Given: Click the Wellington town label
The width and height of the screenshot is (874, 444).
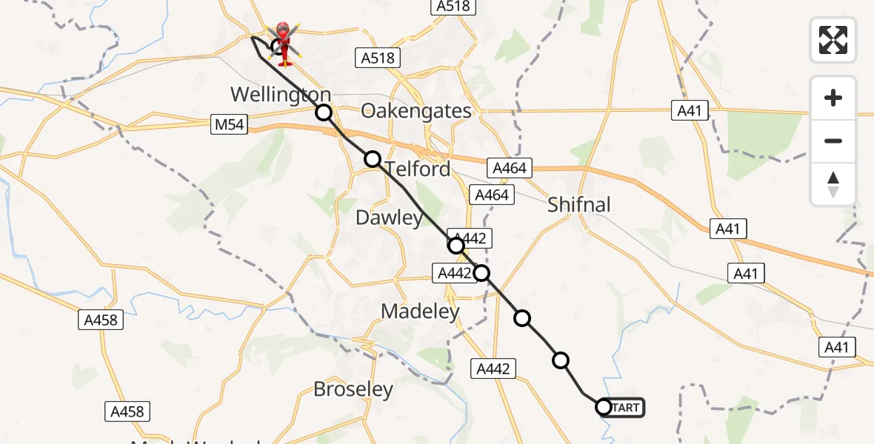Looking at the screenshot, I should point(281,95).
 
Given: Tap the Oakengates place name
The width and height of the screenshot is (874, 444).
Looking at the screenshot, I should point(416,111).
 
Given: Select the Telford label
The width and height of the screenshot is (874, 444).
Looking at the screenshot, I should point(418,169).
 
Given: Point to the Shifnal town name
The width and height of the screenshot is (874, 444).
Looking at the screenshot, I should point(579,204).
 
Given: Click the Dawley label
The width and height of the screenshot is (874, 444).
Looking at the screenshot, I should point(389,218).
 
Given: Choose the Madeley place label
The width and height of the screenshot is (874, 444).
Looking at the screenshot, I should point(420,312).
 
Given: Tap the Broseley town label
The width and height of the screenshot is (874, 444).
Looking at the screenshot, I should point(353,389).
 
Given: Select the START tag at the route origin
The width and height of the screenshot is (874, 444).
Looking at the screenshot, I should point(627,407).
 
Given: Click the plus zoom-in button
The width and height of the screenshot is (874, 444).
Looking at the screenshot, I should point(833,98).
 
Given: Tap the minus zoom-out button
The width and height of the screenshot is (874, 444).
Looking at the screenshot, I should point(833,141).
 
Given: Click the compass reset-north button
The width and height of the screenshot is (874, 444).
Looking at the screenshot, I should point(833,184).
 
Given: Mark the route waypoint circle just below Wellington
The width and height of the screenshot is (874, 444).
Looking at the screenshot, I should point(324,112).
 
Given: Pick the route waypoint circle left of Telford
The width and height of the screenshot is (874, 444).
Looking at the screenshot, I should point(373,159).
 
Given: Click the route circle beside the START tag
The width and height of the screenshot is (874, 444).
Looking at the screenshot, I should point(603,407).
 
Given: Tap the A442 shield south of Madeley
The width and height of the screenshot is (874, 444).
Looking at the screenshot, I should point(493,368).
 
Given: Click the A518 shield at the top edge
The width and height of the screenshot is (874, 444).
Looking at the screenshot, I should point(453,6).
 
